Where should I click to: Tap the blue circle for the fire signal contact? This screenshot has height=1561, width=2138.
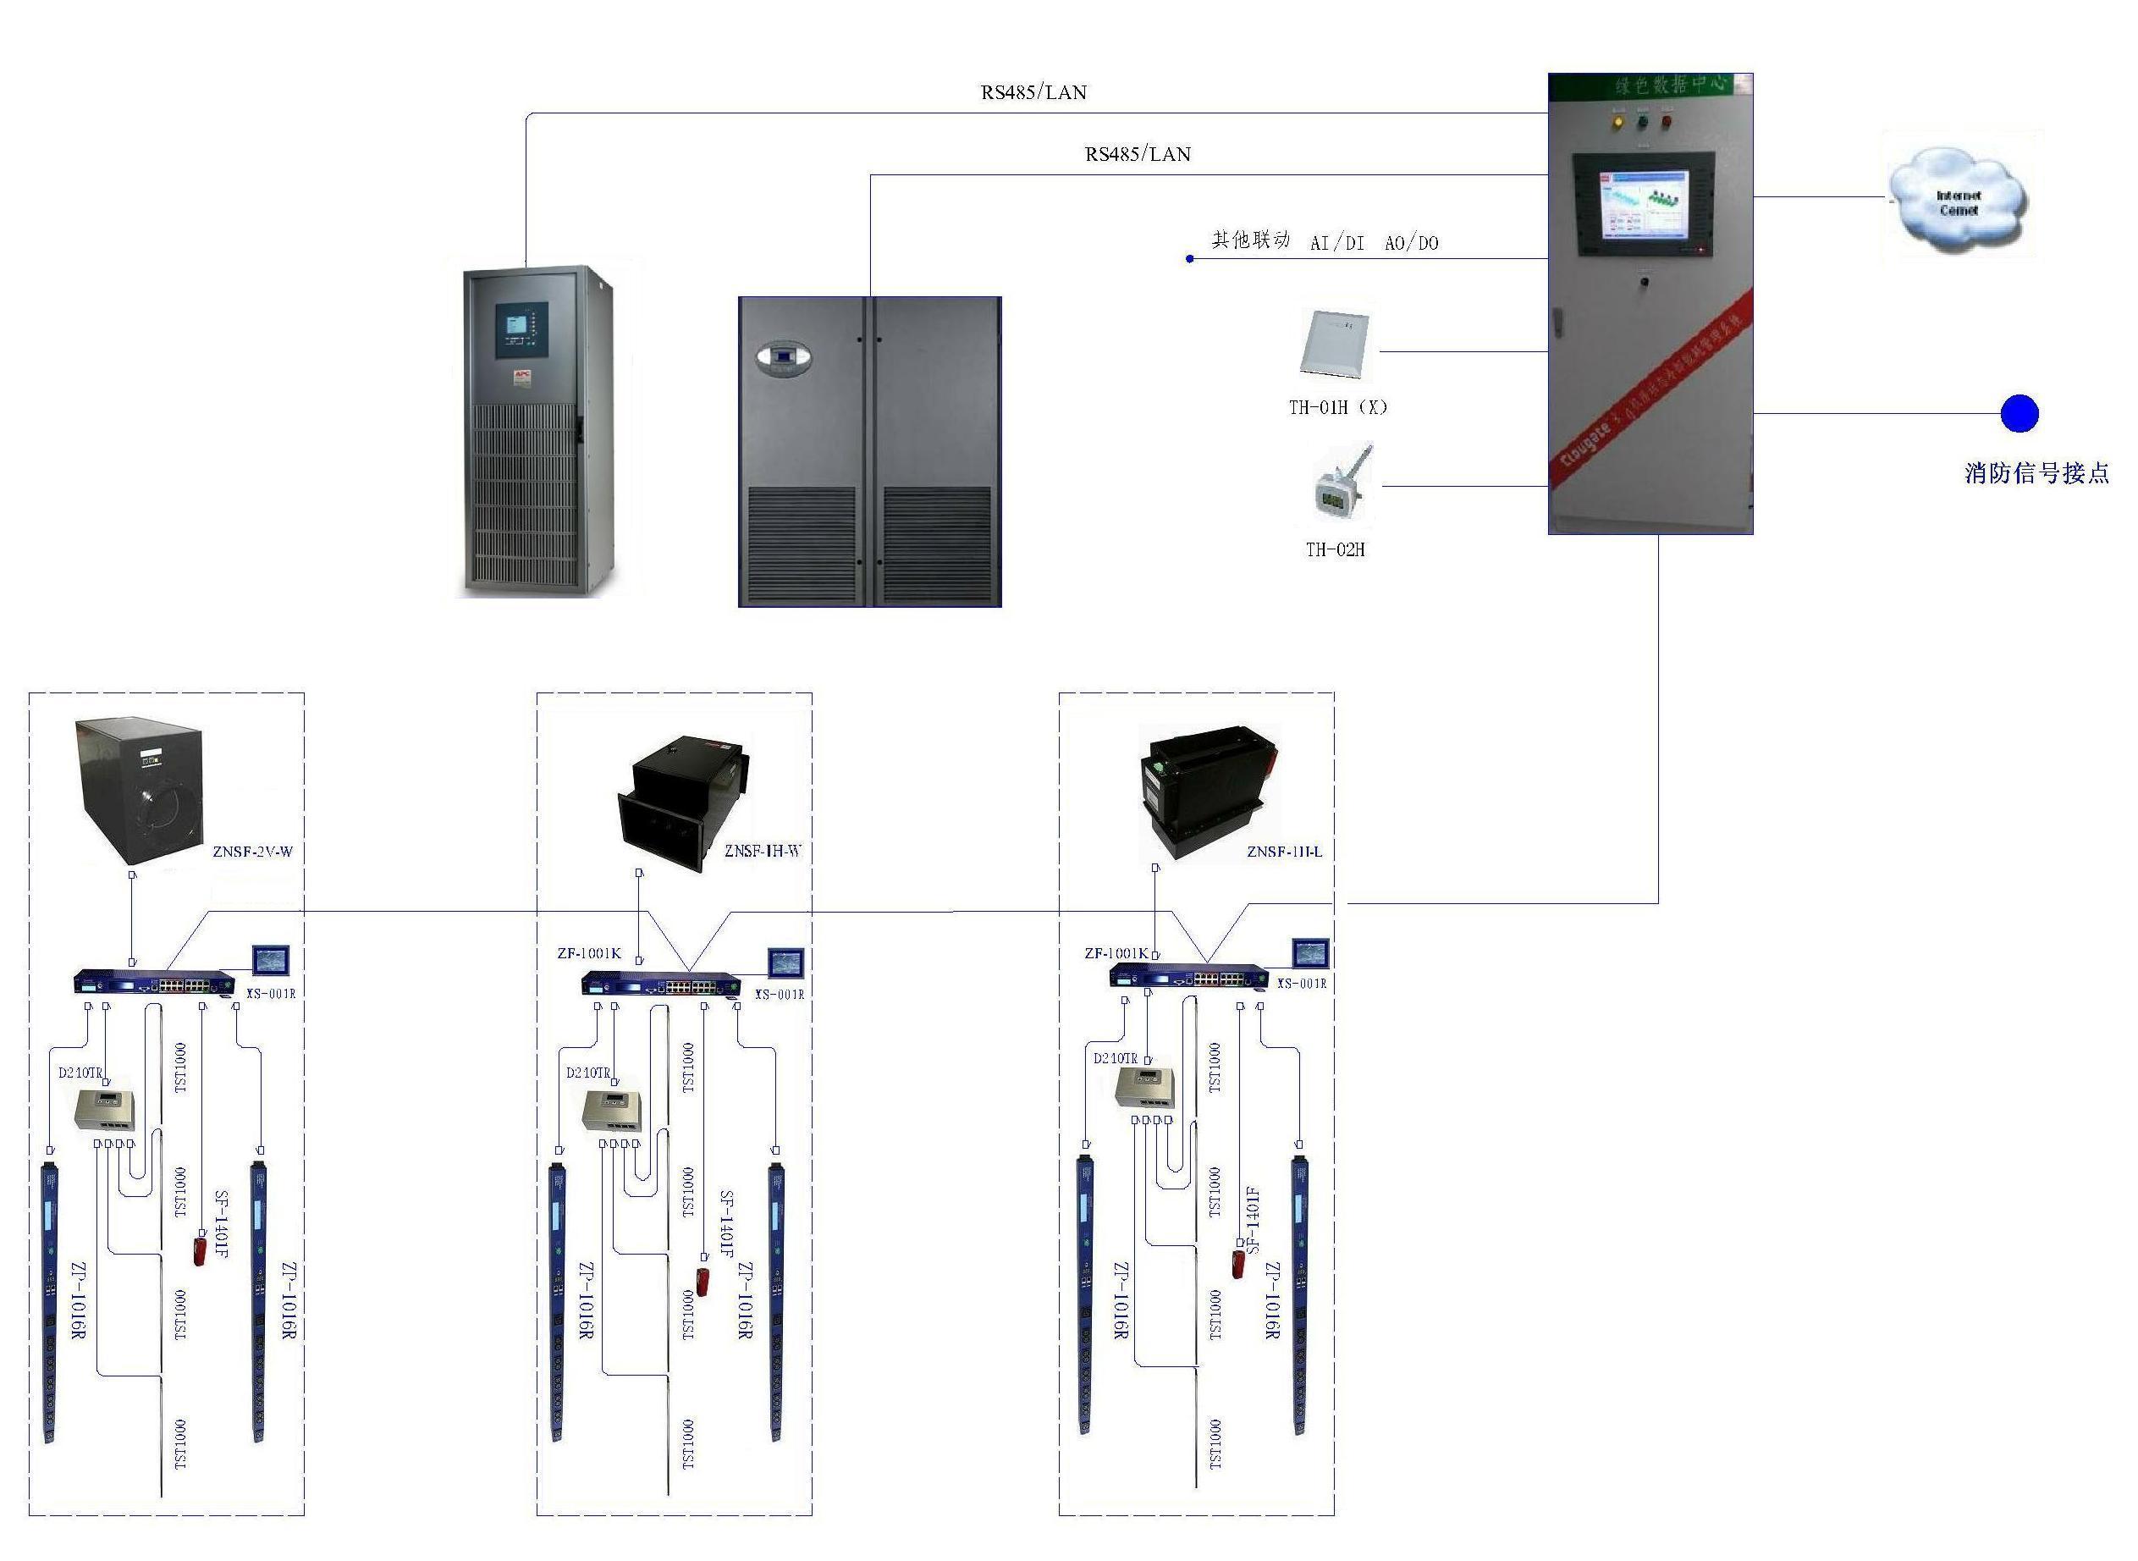[x=2019, y=413]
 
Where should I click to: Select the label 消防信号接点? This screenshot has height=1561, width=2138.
[x=2036, y=472]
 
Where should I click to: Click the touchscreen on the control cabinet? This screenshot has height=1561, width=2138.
[x=1643, y=204]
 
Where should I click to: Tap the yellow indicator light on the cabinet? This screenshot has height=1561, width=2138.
[x=1617, y=122]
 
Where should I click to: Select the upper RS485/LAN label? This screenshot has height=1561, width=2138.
[x=1033, y=92]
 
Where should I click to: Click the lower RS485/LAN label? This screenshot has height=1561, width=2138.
[x=1138, y=154]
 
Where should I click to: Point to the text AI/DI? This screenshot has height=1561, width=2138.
[x=1336, y=243]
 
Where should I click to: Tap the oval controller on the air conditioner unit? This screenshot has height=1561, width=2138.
[x=783, y=358]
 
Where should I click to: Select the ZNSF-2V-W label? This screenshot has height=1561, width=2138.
[x=252, y=852]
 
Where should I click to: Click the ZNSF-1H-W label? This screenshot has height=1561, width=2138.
[x=763, y=851]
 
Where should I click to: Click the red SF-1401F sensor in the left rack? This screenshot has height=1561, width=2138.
[x=200, y=1249]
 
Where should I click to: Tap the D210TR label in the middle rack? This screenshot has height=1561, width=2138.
[x=587, y=1073]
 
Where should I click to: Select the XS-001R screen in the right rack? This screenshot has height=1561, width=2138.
[x=1310, y=952]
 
